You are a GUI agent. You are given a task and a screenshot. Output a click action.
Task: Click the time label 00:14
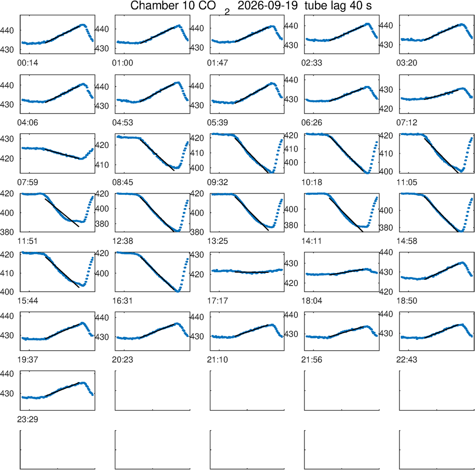[28, 63]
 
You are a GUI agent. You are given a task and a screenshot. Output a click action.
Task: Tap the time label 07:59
[28, 182]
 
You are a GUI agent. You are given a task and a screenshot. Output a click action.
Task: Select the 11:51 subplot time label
[28, 241]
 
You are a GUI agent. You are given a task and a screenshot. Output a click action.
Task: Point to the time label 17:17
[218, 301]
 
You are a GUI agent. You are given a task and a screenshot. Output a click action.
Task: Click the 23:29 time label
[28, 420]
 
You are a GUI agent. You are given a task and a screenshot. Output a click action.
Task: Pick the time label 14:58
[407, 241]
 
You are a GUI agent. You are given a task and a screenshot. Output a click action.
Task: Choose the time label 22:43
[407, 360]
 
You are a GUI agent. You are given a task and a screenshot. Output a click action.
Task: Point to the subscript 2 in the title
[227, 12]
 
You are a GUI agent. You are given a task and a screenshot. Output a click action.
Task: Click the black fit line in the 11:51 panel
[62, 213]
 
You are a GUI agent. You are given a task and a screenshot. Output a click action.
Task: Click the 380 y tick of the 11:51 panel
[7, 232]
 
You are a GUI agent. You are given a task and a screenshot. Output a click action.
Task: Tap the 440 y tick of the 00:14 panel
[7, 30]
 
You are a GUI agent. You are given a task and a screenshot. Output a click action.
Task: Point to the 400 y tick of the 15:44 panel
[7, 292]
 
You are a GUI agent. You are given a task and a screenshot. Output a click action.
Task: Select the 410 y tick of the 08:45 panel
[102, 165]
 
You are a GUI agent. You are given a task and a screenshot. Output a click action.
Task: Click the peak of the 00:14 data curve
[82, 25]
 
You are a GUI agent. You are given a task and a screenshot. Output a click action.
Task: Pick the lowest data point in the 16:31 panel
[178, 291]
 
